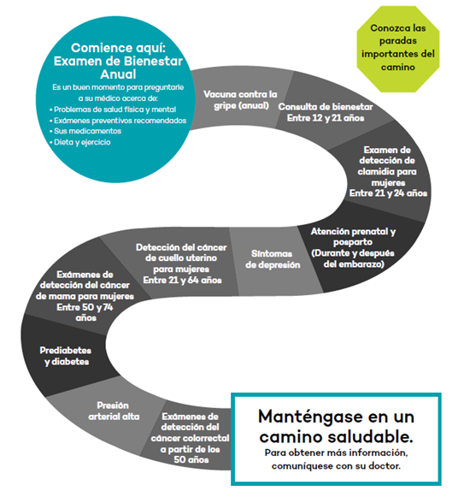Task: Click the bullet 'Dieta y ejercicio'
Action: [x=81, y=142]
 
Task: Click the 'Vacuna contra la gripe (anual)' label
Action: [x=240, y=100]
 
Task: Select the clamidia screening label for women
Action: [x=388, y=171]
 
